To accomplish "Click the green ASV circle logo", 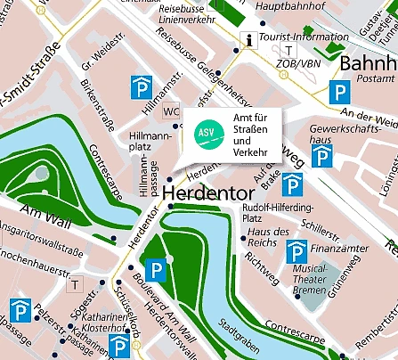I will pyautogui.click(x=206, y=134).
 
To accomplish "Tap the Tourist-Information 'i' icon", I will pyautogui.click(x=250, y=38).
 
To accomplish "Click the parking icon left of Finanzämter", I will pyautogui.click(x=296, y=253).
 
